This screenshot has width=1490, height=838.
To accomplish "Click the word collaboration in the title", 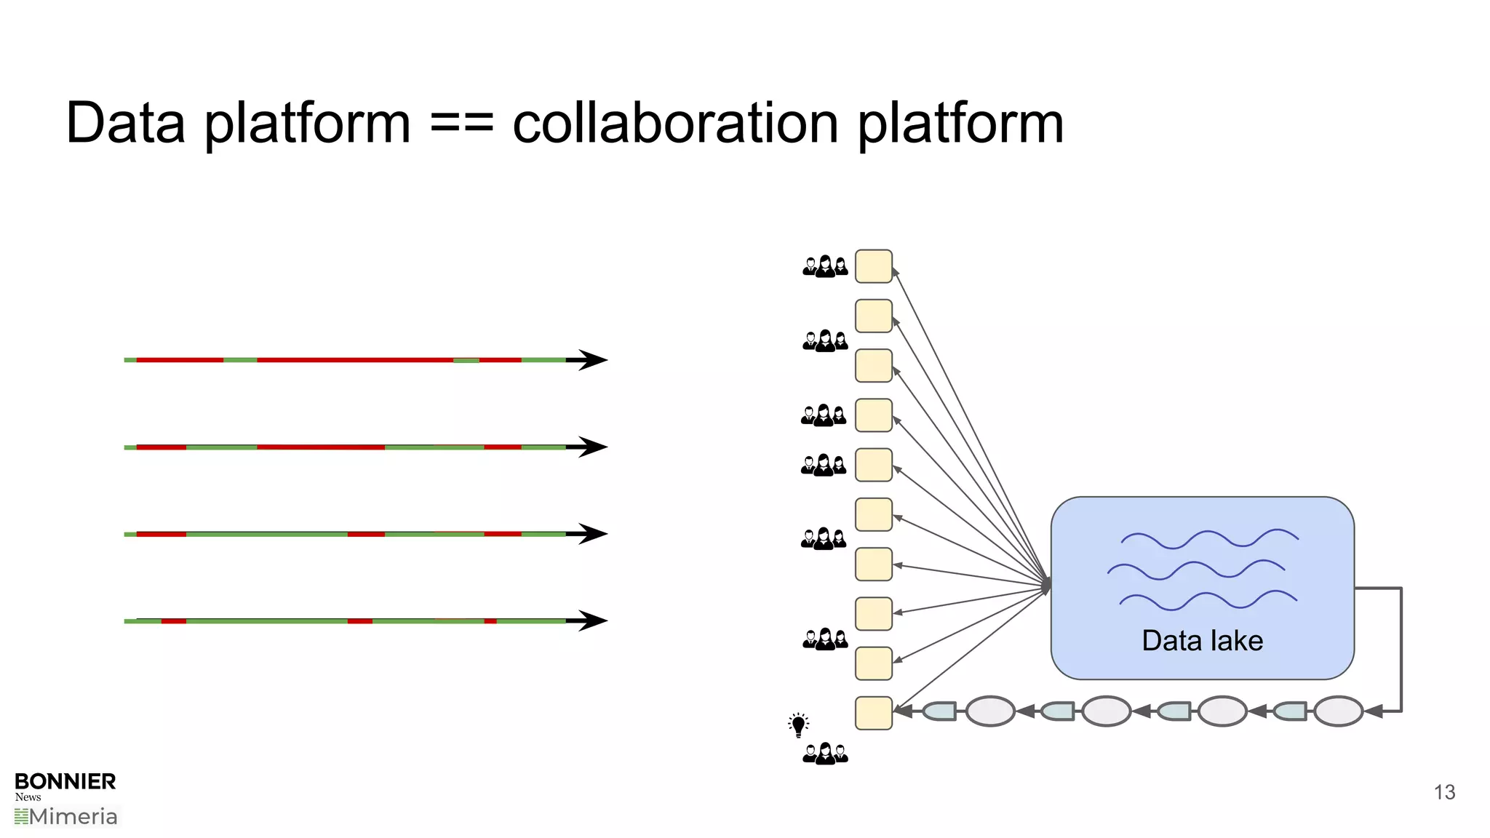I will [x=676, y=123].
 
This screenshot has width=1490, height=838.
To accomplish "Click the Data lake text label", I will [x=1202, y=641].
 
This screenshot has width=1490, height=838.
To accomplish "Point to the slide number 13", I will [x=1444, y=792].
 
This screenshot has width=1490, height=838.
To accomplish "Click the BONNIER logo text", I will [x=65, y=781].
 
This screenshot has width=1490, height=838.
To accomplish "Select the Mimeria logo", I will [x=66, y=817].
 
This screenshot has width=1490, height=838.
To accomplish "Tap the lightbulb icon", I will [x=798, y=725].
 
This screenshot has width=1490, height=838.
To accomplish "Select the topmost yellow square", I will [x=873, y=266].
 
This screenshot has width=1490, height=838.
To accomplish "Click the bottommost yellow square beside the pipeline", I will [x=873, y=713].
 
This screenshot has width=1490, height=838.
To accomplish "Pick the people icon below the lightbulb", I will [x=825, y=754].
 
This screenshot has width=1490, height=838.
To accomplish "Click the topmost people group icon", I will [x=825, y=266].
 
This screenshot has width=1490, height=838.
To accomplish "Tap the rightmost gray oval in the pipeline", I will [x=1338, y=711].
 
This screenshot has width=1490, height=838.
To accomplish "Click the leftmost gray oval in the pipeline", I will [x=990, y=711].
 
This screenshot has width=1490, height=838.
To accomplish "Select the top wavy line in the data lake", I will [x=1209, y=539].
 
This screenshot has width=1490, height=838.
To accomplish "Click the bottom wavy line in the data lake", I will [x=1208, y=600].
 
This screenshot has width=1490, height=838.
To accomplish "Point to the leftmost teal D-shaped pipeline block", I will [x=940, y=711].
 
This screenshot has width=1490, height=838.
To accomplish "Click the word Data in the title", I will [x=125, y=123].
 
